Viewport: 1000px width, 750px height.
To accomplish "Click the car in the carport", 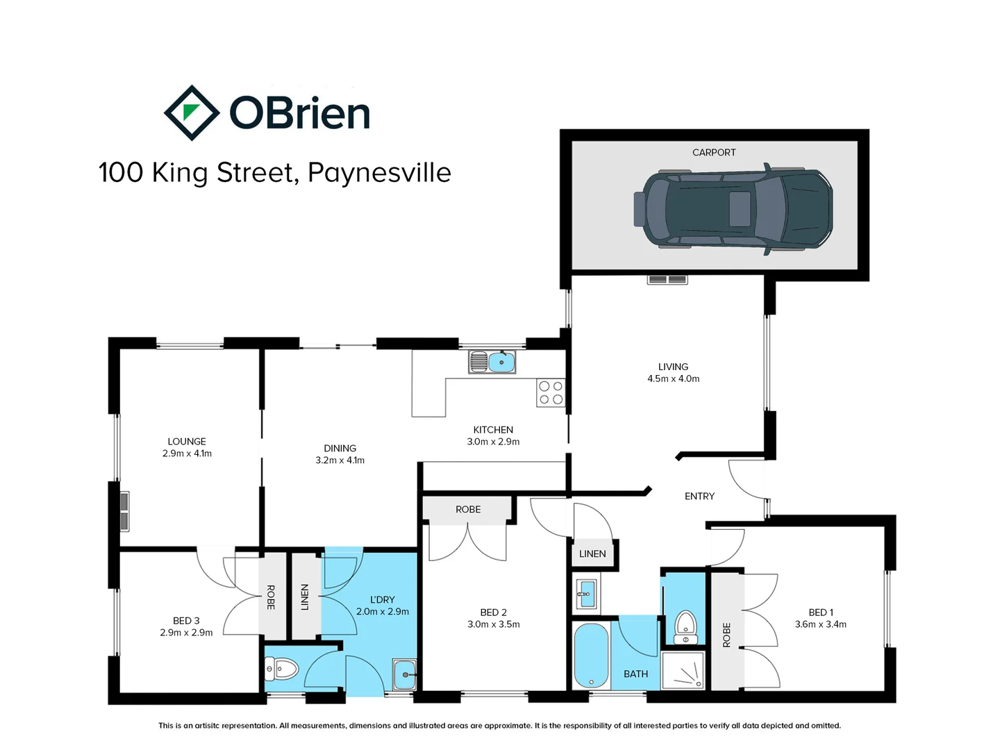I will (x=733, y=208).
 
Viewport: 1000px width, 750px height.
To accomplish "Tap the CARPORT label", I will (x=714, y=153).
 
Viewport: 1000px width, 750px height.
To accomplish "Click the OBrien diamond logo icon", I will (x=192, y=112).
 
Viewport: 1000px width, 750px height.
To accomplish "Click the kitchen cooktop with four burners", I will (x=551, y=393).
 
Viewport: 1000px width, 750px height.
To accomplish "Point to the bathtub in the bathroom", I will (x=592, y=655).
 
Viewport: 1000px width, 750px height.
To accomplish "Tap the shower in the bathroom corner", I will (x=683, y=670).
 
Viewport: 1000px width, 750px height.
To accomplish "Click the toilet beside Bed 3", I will (x=281, y=670).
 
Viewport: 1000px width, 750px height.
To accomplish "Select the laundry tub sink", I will (x=404, y=673).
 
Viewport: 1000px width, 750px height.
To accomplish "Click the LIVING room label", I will (x=673, y=367).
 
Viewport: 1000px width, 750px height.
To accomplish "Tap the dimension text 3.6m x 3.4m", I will (x=821, y=624).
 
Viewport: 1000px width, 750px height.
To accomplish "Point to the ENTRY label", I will (x=699, y=497).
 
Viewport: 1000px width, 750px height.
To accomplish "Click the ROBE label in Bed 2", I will (x=468, y=510).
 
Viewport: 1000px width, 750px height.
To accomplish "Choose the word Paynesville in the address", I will (x=379, y=173).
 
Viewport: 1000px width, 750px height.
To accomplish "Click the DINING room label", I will (x=340, y=449).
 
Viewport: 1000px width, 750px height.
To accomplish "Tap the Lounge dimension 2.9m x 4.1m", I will (x=187, y=453).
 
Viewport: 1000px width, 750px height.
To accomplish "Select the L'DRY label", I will (x=382, y=599).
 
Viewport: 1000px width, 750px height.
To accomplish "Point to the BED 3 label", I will (x=186, y=621).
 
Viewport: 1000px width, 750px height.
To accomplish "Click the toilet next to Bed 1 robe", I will (x=685, y=626).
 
